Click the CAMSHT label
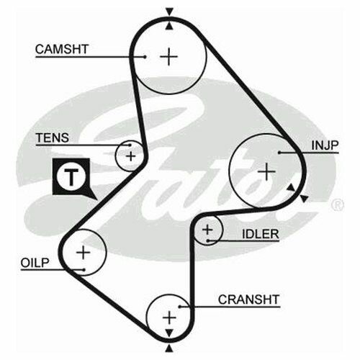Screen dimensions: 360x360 click(62, 49)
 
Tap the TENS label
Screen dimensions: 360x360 click(53, 138)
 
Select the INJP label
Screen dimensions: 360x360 click(325, 145)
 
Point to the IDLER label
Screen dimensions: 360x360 click(261, 234)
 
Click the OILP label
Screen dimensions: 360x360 click(35, 263)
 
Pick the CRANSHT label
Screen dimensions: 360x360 click(249, 300)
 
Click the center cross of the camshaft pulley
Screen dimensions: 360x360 click(169, 57)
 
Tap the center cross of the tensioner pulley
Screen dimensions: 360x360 click(131, 156)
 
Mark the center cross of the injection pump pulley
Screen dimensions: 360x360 click(266, 171)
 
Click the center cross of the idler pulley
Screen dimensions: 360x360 click(207, 230)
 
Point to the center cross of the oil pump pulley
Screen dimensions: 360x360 click(83, 252)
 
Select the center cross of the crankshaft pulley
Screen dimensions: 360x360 click(169, 318)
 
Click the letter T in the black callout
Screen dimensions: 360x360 click(71, 177)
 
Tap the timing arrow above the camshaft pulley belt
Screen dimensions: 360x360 click(169, 12)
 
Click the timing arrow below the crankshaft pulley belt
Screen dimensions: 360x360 click(169, 348)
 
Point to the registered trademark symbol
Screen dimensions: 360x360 click(338, 205)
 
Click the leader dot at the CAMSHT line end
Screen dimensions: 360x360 click(145, 57)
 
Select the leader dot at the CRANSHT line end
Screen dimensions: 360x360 click(179, 307)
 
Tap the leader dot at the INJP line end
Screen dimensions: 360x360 click(279, 153)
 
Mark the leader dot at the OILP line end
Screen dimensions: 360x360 click(84, 270)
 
